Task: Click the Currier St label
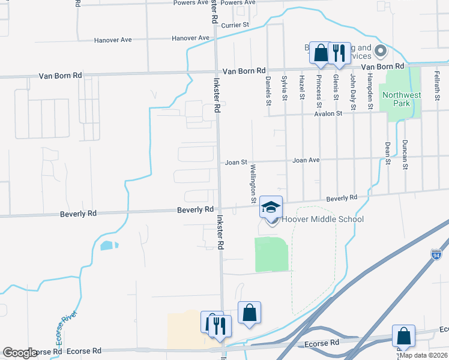click(x=235, y=25)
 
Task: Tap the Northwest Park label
click(x=402, y=99)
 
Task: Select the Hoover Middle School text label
click(x=322, y=220)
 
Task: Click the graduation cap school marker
click(x=271, y=207)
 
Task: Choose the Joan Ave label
click(x=306, y=161)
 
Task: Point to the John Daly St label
click(x=354, y=92)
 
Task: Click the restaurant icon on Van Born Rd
click(x=339, y=53)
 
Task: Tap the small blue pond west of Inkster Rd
click(x=107, y=245)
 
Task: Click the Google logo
click(x=20, y=353)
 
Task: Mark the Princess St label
click(x=319, y=88)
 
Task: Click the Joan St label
click(x=236, y=162)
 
